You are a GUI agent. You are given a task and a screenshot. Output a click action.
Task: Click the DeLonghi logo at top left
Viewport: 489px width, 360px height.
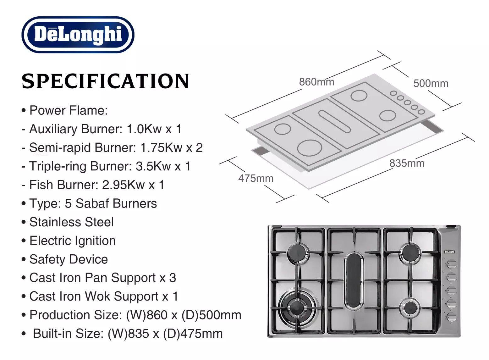pos(78,34)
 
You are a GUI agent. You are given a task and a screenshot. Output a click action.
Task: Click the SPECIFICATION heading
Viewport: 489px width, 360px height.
pos(105,81)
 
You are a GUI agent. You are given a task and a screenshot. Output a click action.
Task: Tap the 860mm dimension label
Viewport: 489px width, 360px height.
pos(316,82)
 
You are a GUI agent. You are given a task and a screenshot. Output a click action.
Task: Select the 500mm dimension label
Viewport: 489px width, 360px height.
pos(431,83)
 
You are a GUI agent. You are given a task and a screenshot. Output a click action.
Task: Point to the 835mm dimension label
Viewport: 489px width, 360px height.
pos(407,163)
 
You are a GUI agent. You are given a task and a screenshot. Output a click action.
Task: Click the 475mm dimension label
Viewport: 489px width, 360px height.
pos(256,178)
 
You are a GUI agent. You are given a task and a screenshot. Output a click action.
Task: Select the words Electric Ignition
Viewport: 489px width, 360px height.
pos(73,241)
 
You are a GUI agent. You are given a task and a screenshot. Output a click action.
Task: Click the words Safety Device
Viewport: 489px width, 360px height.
pos(69,259)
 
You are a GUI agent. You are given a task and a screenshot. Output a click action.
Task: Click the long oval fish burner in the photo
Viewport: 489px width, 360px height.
pos(354,281)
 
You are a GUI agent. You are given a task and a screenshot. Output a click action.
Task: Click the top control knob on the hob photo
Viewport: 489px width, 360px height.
pos(451,264)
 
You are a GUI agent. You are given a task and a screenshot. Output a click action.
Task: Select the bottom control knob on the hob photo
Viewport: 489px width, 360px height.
pos(451,317)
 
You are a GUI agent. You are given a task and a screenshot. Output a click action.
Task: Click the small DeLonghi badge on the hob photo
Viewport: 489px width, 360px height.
pos(450,252)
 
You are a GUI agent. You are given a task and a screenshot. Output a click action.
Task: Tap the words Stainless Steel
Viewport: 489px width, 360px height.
pos(71,222)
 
